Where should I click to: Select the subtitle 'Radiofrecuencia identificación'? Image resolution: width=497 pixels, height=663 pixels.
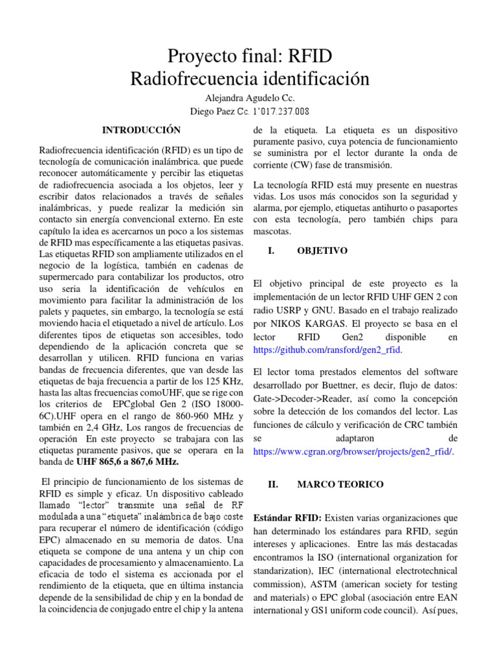tap(249, 79)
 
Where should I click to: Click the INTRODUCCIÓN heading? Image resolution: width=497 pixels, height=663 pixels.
tap(142, 129)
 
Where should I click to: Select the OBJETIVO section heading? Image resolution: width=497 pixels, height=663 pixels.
tap(322, 251)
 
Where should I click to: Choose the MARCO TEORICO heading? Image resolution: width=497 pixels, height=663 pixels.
tap(340, 484)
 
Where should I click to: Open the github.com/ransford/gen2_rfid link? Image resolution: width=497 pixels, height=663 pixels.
tap(328, 350)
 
